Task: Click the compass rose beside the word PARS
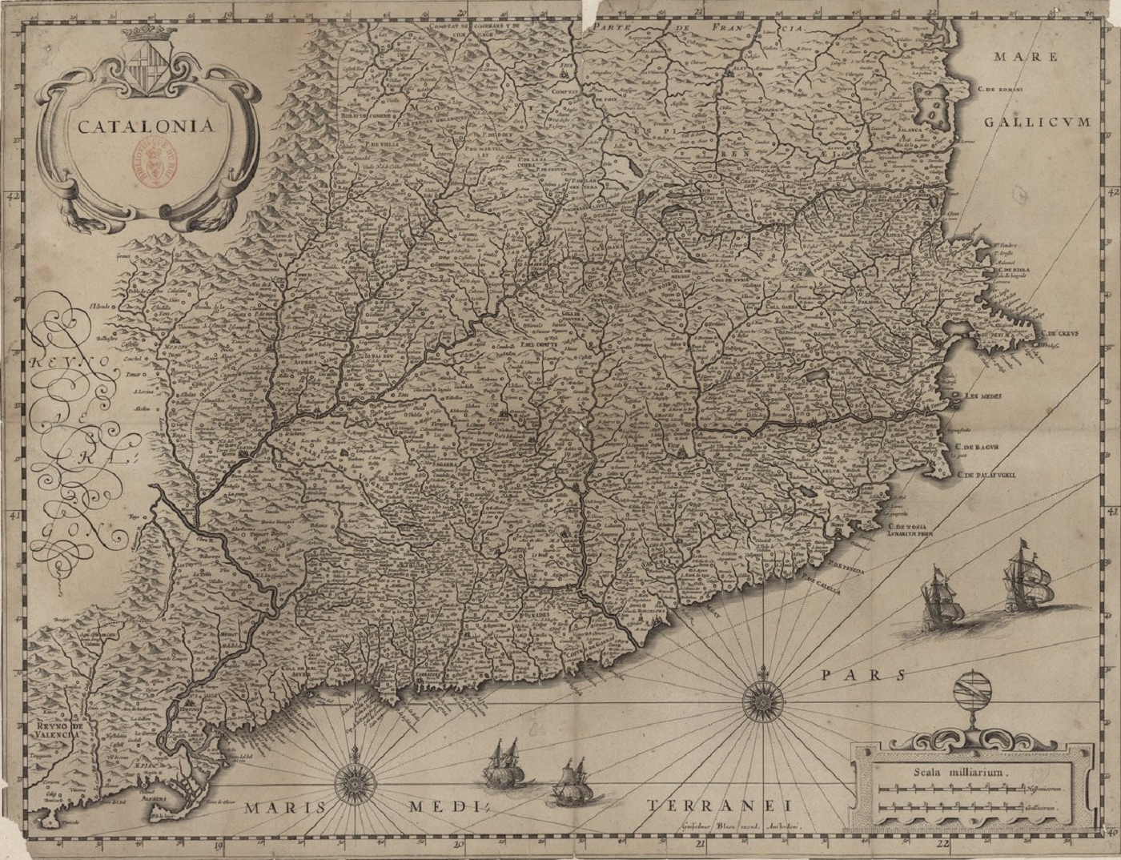(761, 702)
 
